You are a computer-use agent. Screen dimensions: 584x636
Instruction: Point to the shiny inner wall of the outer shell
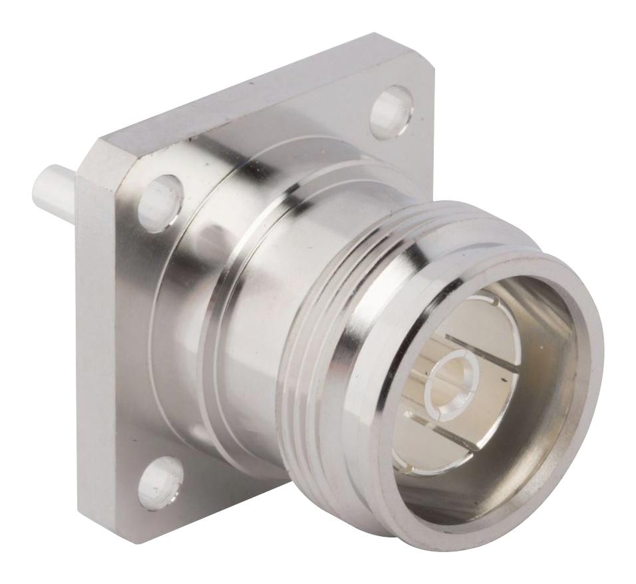(546, 432)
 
